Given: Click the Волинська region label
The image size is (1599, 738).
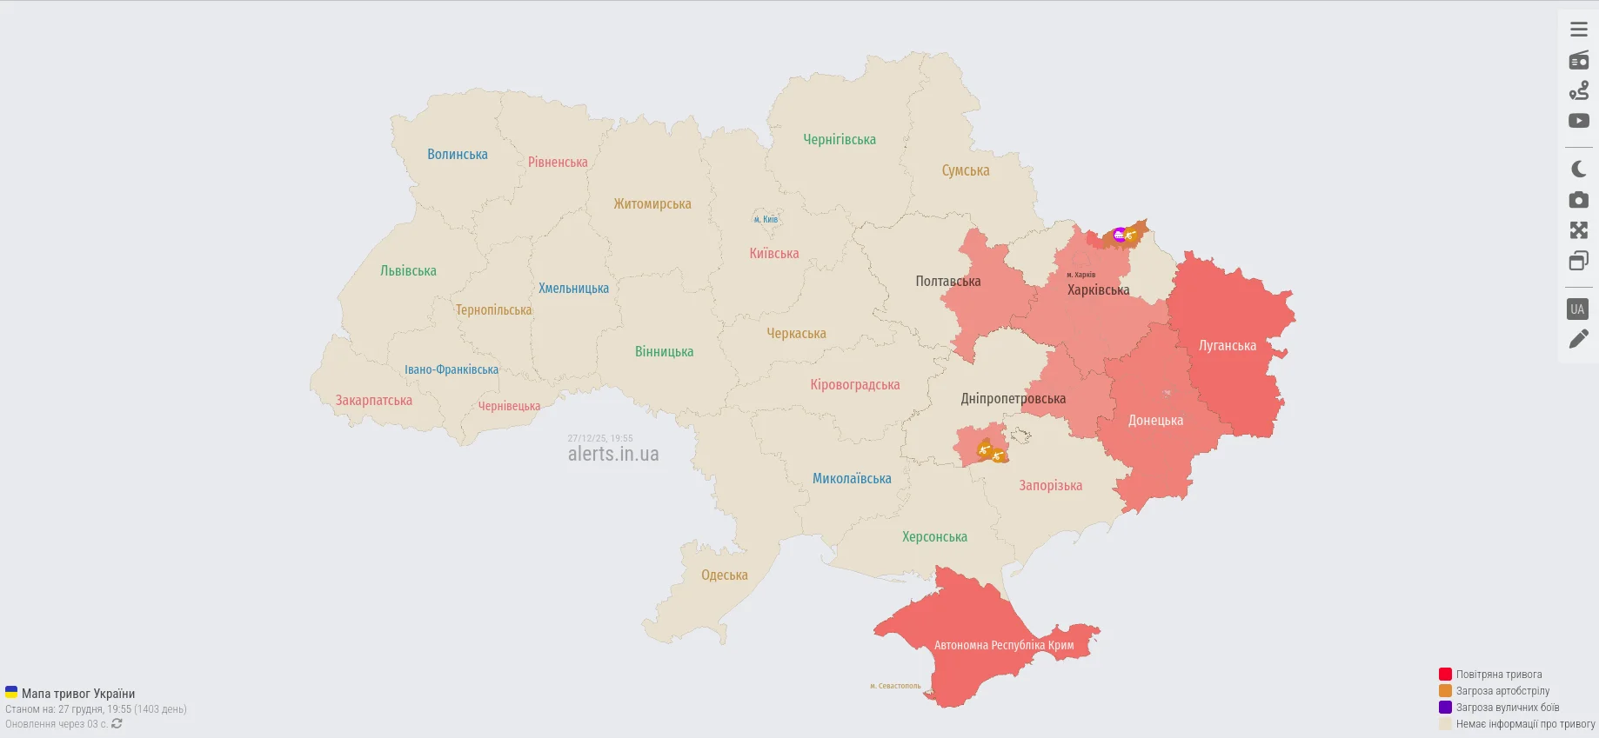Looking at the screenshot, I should tap(457, 155).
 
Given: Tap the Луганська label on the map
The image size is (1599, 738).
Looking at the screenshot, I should tap(1227, 346).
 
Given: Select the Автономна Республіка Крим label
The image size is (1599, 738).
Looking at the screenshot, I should tap(1003, 645).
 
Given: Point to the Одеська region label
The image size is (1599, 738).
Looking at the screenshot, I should tap(724, 575).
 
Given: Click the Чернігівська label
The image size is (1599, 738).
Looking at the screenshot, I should tap(839, 140).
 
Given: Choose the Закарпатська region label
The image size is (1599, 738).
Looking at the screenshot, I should tap(373, 401).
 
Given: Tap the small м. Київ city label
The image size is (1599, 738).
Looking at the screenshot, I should tap(766, 220).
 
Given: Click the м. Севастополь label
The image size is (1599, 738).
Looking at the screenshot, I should tap(894, 686).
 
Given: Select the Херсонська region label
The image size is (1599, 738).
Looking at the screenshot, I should tap(933, 537).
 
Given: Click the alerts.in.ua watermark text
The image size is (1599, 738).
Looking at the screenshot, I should tap(612, 455).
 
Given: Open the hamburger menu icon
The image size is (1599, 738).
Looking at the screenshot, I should tap(1578, 30).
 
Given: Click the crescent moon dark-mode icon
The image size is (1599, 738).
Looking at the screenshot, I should tap(1578, 170).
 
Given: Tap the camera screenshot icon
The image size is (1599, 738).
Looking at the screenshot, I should tap(1578, 200).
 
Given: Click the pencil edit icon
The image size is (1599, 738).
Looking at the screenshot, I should tap(1578, 339).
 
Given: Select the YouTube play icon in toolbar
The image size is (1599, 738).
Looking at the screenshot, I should tap(1578, 121).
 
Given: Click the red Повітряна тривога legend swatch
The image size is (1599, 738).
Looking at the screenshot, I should tap(1445, 675).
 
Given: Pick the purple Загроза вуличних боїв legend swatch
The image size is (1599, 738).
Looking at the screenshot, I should tap(1445, 708).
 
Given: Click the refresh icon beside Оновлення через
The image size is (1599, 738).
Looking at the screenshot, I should tap(117, 724).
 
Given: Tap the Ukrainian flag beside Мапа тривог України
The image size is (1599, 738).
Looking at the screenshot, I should tap(11, 693).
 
